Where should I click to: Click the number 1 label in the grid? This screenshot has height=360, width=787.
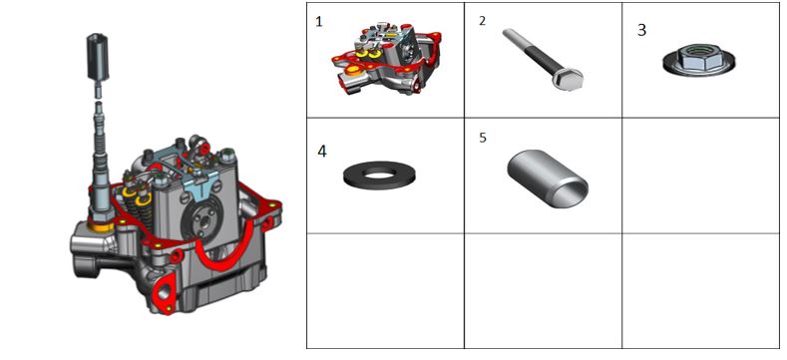(318, 22)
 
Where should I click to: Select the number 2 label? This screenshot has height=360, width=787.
(483, 21)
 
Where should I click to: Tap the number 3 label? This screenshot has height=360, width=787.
(641, 30)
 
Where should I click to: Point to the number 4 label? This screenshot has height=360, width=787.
(322, 152)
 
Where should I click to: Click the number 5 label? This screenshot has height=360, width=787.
(483, 138)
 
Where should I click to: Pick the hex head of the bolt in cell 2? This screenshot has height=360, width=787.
(569, 80)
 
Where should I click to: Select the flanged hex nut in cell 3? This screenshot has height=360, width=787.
(698, 60)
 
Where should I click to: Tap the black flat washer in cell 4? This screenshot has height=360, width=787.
(379, 176)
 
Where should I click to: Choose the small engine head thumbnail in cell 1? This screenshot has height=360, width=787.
(386, 59)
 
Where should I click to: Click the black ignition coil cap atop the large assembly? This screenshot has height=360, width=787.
(99, 57)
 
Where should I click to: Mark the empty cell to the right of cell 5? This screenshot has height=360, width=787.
(700, 176)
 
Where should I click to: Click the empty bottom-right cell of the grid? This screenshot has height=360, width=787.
(700, 291)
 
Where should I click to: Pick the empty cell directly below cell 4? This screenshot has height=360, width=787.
(385, 291)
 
